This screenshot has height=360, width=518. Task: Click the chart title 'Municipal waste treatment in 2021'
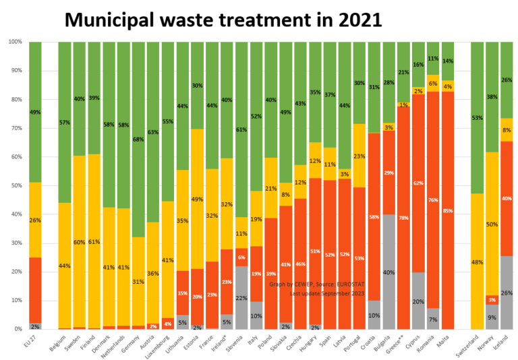click(223, 20)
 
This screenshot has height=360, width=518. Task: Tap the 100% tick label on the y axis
click(15, 42)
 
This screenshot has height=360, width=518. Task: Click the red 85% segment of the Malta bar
click(447, 210)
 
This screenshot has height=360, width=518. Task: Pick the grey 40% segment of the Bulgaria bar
click(389, 272)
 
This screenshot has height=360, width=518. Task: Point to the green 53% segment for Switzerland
click(477, 118)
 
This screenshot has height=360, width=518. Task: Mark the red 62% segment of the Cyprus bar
click(418, 183)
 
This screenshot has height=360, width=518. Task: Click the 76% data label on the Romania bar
click(432, 200)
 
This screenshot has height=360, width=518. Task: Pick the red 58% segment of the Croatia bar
click(374, 217)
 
